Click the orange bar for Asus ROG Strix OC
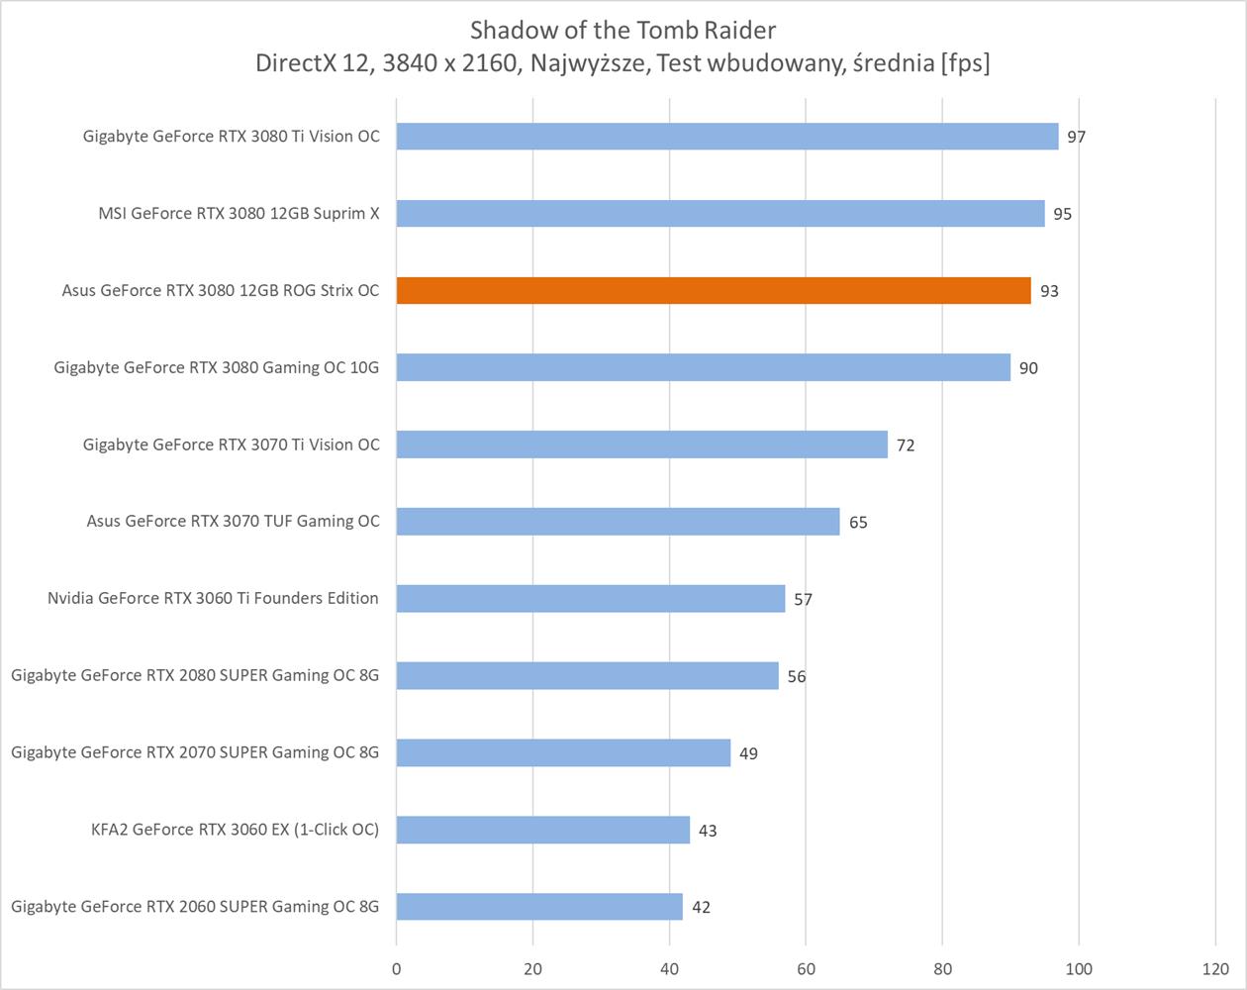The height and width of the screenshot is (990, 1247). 713,290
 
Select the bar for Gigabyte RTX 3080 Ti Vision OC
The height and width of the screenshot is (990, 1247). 727,137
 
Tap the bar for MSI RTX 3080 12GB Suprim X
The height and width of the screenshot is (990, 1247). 720,213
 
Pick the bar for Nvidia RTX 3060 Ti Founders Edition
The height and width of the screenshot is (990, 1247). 591,598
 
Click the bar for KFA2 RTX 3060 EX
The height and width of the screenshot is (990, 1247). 543,830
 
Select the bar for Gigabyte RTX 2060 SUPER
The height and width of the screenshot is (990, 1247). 539,906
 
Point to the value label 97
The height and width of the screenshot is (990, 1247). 1077,137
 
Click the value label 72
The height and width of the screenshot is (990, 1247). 906,445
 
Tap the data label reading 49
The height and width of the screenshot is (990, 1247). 748,753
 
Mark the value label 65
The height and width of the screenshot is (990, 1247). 858,522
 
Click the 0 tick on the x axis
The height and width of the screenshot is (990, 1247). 397,968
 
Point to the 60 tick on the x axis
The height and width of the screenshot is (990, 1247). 806,968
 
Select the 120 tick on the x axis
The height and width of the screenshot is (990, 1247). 1215,968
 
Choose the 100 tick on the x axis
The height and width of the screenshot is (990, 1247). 1079,968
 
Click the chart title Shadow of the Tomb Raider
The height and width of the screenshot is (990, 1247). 623,29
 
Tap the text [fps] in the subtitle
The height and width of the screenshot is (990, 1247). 966,63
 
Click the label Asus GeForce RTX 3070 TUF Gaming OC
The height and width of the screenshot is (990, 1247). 233,521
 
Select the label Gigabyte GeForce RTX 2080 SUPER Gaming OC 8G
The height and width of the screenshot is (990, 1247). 195,675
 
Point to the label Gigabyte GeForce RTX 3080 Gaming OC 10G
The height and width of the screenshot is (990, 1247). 216,367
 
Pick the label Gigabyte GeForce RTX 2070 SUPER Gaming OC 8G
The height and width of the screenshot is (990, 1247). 195,752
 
